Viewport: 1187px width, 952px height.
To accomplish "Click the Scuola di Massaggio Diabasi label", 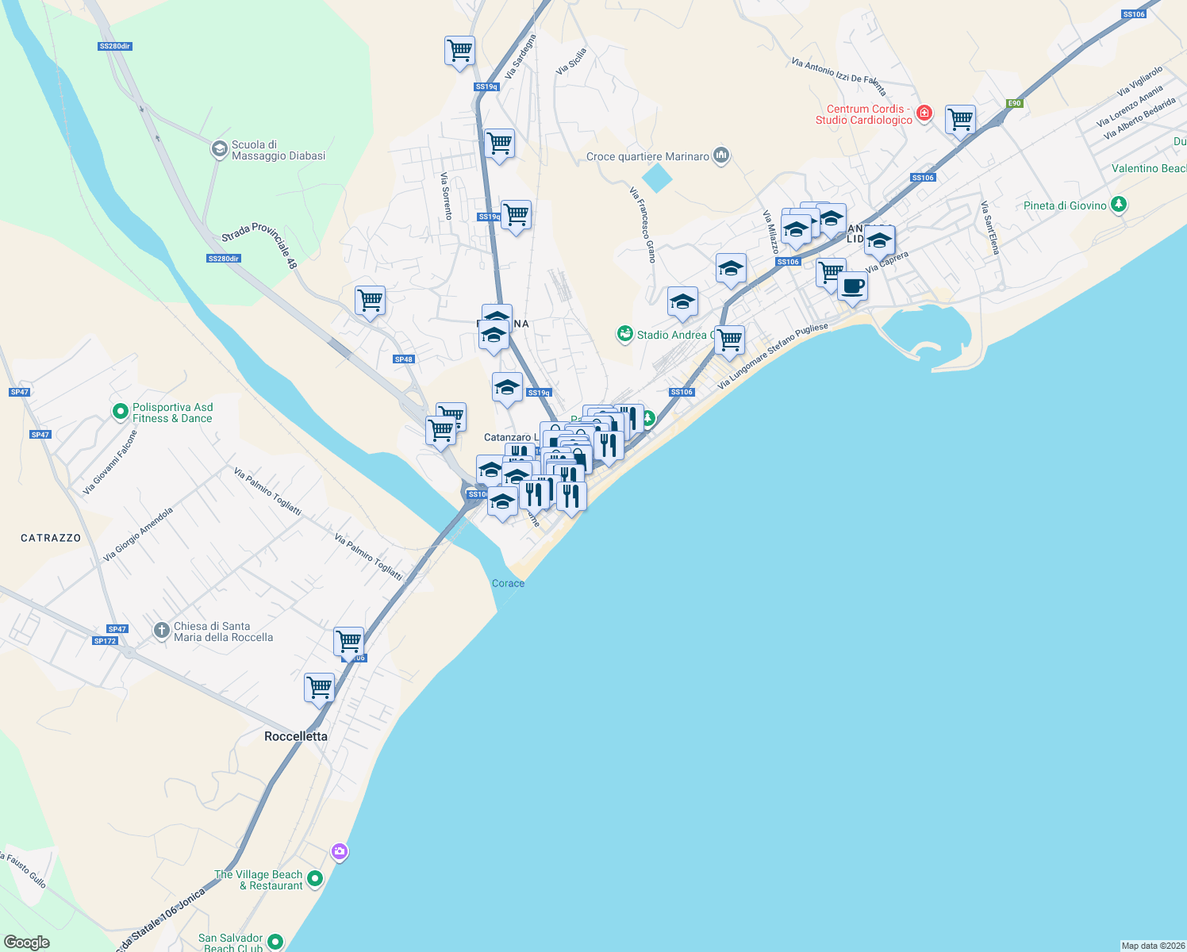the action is click(278, 151).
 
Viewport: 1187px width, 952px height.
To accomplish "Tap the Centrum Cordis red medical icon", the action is click(924, 113).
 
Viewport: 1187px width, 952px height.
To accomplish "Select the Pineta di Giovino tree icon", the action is click(1119, 205).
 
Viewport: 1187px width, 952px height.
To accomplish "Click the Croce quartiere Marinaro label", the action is click(647, 156).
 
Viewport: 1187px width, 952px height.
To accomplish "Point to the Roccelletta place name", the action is click(296, 736).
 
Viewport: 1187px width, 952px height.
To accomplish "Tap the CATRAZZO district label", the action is click(51, 538).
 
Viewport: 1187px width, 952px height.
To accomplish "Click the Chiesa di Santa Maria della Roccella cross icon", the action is click(162, 631).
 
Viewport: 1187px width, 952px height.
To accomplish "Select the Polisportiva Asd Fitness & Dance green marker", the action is click(121, 411).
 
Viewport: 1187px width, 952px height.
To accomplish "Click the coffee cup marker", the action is click(852, 286).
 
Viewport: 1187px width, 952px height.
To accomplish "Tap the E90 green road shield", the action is click(1014, 103).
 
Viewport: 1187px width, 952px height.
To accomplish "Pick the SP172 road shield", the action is click(105, 641).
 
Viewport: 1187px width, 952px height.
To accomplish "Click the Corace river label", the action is click(508, 583).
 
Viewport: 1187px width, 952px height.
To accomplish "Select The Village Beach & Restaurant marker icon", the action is click(315, 878).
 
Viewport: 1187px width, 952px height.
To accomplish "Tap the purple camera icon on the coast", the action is click(340, 852).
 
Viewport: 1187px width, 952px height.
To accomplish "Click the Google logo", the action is click(27, 942).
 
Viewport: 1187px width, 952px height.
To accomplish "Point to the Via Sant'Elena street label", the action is click(989, 228).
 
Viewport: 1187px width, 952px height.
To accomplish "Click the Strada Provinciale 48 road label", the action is click(259, 244).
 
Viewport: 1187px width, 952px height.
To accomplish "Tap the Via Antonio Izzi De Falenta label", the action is click(839, 75).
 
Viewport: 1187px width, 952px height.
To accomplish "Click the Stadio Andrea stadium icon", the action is click(625, 334).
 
